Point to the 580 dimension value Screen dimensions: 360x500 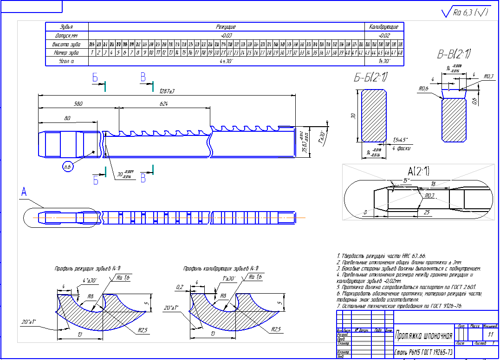tap(78, 104)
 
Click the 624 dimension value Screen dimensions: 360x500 tap(163, 104)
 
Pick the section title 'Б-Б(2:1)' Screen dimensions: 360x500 tap(371, 78)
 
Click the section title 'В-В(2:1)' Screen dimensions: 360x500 tap(454, 54)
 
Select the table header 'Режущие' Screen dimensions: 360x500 tap(226, 27)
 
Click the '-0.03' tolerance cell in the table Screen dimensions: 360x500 tap(226, 35)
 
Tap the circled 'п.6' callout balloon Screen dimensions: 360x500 tap(68, 167)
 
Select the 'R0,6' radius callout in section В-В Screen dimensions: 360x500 tap(422, 88)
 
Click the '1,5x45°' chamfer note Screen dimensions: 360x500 tap(399, 140)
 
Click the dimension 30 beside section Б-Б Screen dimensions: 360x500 tap(353, 116)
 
